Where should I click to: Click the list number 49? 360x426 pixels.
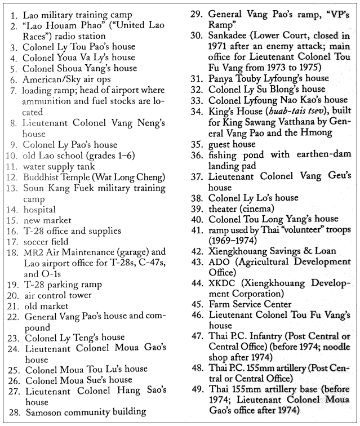tap(197, 389)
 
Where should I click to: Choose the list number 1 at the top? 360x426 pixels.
tap(14, 15)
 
